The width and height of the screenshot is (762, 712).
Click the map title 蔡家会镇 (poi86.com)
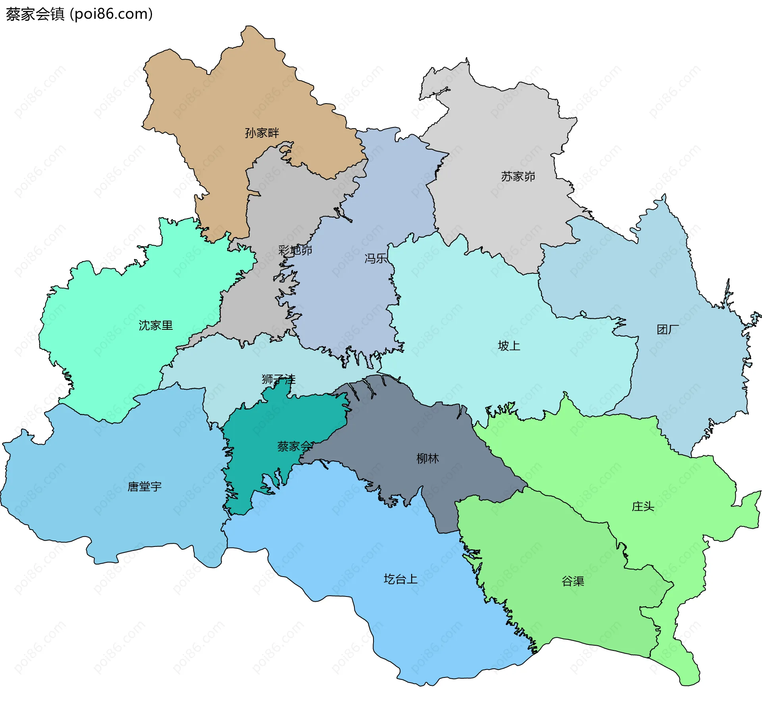[x=79, y=14]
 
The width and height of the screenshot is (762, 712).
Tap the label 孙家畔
[x=262, y=133]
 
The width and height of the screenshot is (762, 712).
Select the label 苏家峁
[x=518, y=176]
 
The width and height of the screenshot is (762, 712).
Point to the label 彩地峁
[x=295, y=250]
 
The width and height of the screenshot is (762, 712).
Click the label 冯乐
[x=375, y=258]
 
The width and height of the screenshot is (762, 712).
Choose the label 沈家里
[x=156, y=325]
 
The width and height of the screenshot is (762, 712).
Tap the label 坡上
[x=509, y=346]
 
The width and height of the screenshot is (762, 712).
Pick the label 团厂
[x=668, y=329]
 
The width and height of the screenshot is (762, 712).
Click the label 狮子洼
[x=278, y=379]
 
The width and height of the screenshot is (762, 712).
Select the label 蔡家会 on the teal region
[x=294, y=446]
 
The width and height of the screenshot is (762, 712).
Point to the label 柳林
[x=427, y=459]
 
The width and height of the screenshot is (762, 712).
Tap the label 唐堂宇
[x=144, y=487]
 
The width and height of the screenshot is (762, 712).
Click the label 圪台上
[x=400, y=579]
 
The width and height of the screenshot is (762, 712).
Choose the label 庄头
[x=643, y=506]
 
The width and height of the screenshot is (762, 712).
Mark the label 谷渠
[x=573, y=581]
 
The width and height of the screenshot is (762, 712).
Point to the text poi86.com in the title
[x=111, y=14]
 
